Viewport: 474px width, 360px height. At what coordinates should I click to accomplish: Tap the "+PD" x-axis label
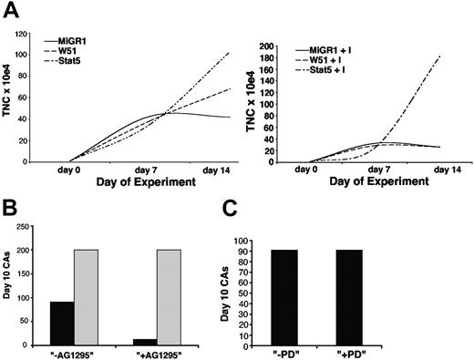click(416, 354)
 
